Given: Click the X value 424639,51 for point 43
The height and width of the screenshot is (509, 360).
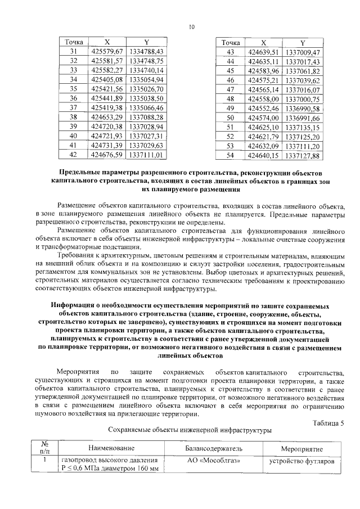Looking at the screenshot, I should click(x=264, y=52).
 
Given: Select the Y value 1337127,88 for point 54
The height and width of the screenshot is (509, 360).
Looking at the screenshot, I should click(x=303, y=155).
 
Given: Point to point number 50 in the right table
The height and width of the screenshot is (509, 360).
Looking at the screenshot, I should click(x=229, y=118).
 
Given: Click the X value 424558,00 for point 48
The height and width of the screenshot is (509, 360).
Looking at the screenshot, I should click(x=264, y=99).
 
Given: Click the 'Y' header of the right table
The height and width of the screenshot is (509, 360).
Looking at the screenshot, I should click(x=303, y=43).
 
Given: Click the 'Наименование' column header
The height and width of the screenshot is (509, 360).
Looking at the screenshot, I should click(x=110, y=449).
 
